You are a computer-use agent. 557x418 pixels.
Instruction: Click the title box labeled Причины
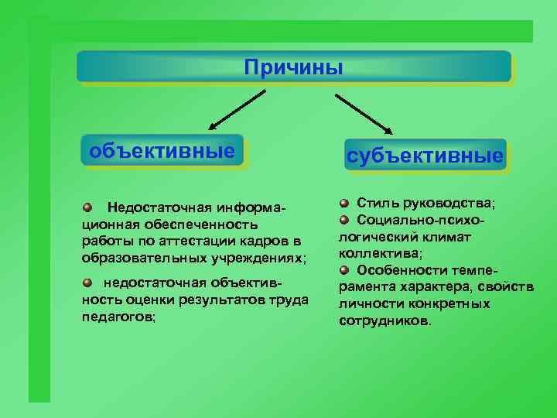pyautogui.click(x=293, y=67)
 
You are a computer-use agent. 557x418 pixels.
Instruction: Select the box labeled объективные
pyautogui.click(x=162, y=150)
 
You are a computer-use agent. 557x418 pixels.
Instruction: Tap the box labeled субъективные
pyautogui.click(x=425, y=156)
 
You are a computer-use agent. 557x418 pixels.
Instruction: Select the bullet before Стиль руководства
pyautogui.click(x=343, y=203)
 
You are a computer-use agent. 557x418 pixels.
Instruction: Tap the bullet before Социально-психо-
pyautogui.click(x=343, y=220)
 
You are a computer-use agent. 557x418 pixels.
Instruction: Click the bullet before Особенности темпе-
pyautogui.click(x=343, y=269)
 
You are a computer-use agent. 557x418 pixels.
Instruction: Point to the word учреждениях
pyautogui.click(x=261, y=257)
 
